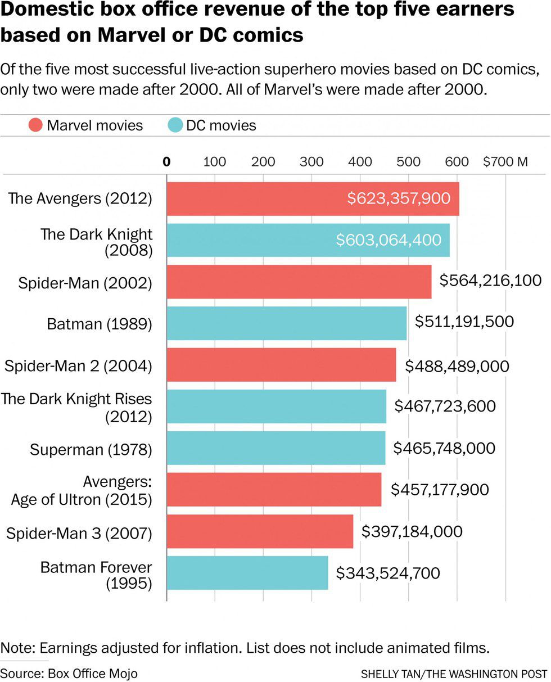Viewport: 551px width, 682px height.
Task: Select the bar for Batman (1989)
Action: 286,323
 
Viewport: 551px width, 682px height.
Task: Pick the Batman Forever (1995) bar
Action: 247,573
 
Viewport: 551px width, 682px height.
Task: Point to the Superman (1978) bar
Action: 275,448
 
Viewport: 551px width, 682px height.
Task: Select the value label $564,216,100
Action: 491,281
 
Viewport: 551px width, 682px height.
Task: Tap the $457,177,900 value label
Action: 440,490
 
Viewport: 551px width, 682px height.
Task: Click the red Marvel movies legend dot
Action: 36,125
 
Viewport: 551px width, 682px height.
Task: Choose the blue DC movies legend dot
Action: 175,125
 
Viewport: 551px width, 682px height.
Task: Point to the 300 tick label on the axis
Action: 311,162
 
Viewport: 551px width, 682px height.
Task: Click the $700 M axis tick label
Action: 505,162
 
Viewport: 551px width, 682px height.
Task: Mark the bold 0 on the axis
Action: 166,162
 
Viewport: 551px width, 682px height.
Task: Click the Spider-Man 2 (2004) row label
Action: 78,366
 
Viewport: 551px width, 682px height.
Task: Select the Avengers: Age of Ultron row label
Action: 82,491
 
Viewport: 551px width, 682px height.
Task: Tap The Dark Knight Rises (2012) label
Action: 76,408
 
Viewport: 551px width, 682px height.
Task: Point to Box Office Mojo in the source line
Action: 93,673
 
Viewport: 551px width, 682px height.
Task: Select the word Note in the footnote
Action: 16,648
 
